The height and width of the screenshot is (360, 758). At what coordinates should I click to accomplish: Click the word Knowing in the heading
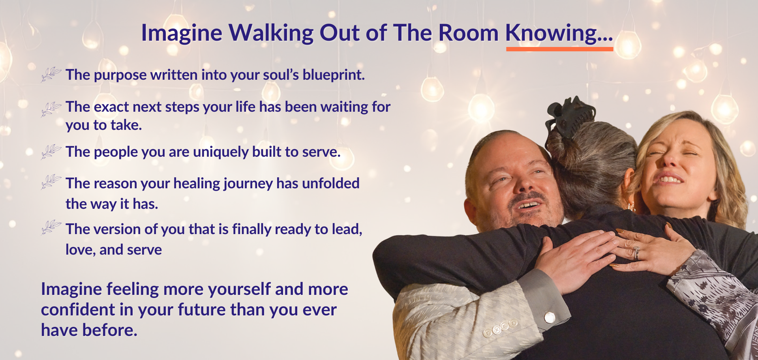coord(552,33)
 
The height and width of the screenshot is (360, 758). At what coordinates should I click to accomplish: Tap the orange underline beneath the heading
coord(560,49)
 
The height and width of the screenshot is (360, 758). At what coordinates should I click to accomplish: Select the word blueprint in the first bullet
coord(334,75)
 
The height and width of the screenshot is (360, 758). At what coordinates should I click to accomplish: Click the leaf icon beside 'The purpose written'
coord(51,74)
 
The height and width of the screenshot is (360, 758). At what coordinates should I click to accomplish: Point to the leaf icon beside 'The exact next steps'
coord(51,109)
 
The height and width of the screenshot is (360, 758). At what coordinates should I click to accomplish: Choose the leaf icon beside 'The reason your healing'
coord(51,182)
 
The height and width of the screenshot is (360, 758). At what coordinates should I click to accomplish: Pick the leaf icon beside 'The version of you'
coord(51,227)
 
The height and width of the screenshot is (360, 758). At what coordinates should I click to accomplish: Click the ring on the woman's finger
coord(636,253)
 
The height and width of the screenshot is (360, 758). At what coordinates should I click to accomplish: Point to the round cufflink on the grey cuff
coord(550,317)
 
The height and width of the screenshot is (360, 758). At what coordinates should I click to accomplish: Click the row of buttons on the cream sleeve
coord(499,328)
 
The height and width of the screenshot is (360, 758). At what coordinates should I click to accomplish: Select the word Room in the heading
coord(468,33)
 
